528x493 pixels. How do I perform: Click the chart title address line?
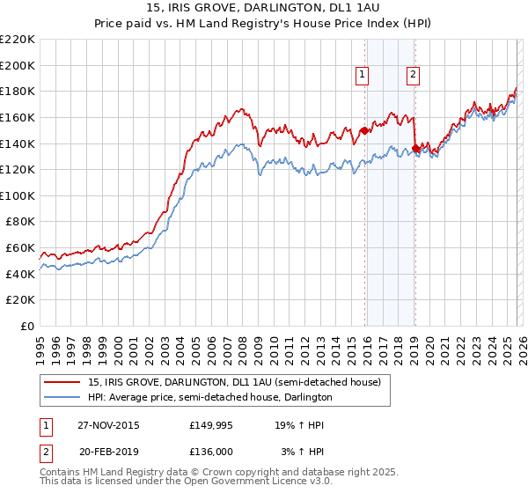pos(264,8)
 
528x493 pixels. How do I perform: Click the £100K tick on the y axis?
pos(18,195)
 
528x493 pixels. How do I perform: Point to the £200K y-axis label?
pos(18,65)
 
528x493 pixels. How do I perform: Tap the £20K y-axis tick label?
pos(20,300)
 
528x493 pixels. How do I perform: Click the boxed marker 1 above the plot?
pos(362,76)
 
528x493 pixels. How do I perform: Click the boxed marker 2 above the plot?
pos(412,76)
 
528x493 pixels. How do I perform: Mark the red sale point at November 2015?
pos(364,130)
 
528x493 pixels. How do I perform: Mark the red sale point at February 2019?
pos(415,148)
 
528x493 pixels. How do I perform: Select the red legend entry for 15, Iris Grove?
pos(234,382)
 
